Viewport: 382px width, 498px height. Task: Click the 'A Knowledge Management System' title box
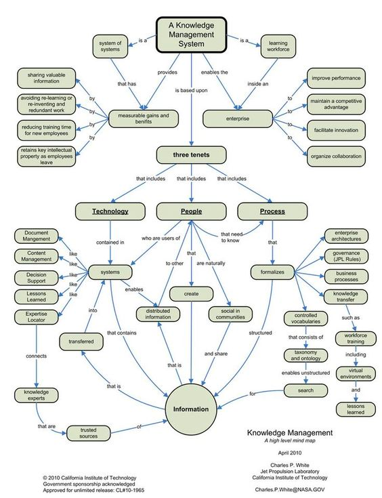coord(191,35)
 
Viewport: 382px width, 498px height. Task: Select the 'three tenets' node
coord(191,155)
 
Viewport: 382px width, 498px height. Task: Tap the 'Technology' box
coord(110,211)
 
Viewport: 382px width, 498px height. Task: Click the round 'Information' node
coord(191,409)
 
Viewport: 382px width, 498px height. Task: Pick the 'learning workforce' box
coord(278,46)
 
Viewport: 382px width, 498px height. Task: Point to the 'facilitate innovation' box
coord(336,130)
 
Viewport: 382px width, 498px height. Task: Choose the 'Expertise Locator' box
coord(36,317)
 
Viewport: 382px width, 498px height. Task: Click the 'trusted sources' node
coord(88,433)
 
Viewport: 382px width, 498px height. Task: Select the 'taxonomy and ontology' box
coord(305,356)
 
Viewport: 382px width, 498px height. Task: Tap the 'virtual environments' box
coord(356,373)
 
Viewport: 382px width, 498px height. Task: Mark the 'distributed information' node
coord(158,314)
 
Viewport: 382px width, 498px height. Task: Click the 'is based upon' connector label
coord(191,91)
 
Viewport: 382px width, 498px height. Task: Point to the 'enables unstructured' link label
coord(305,373)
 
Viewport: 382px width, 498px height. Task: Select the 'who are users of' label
coord(161,238)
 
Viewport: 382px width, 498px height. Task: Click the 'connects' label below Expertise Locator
coord(36,356)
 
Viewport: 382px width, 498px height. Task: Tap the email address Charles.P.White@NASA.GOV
coord(290,490)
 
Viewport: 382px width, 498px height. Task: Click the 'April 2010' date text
coord(290,453)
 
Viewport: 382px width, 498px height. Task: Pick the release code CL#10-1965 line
coord(93,491)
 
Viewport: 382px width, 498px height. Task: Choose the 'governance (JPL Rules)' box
coord(346,256)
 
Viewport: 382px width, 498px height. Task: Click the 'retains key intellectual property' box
coord(46,157)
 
